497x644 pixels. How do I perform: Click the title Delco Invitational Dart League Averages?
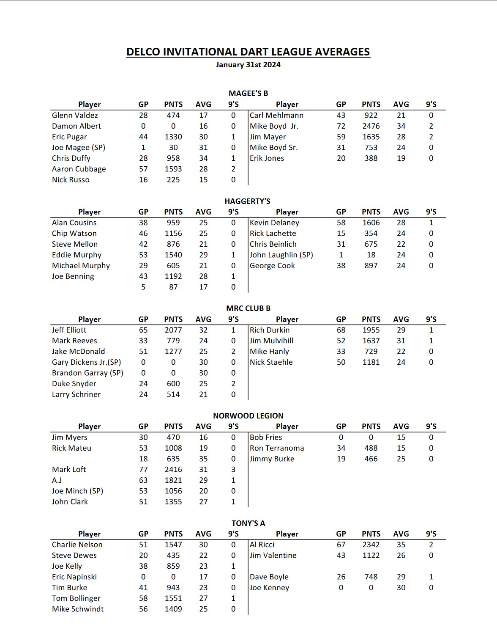[248, 52]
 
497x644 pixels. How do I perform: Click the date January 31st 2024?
[248, 65]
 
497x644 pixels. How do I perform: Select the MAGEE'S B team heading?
[248, 94]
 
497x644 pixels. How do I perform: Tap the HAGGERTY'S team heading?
[247, 201]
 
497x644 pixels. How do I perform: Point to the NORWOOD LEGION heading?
[248, 416]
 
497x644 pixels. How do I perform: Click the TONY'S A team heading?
[248, 523]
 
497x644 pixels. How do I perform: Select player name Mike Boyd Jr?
[274, 126]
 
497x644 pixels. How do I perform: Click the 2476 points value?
[371, 126]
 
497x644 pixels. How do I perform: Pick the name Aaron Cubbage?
[79, 169]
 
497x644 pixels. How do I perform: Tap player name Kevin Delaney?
[274, 223]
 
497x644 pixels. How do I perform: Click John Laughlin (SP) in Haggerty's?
[281, 255]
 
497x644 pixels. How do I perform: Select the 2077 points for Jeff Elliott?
[173, 330]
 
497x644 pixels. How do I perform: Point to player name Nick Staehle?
[271, 362]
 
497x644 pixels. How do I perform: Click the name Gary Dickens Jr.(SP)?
[86, 362]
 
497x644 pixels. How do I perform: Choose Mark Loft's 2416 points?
[173, 469]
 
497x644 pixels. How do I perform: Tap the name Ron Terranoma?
[277, 448]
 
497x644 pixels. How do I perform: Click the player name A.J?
[57, 480]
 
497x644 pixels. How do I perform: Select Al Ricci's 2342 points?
[371, 545]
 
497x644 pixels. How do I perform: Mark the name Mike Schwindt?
[78, 609]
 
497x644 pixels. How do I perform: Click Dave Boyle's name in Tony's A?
[269, 577]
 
